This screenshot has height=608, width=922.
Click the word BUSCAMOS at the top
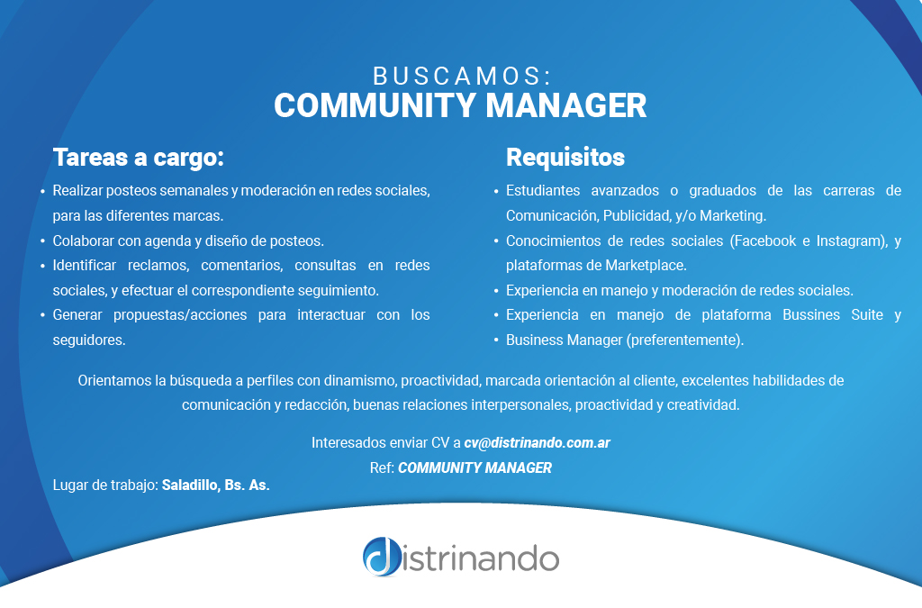458,77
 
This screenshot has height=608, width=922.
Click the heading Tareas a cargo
138,157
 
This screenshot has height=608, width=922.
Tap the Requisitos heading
565,157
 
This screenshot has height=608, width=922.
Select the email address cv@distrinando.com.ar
537,443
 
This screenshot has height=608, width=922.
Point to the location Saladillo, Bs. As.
216,485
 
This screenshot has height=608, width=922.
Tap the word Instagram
852,241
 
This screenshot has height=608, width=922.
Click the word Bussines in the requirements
811,315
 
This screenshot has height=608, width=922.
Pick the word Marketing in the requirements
733,216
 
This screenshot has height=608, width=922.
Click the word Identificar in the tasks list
85,266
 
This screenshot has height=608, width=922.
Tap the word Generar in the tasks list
77,315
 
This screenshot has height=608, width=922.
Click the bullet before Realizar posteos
42,192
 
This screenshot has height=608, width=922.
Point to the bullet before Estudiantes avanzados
496,192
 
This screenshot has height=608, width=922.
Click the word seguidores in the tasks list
89,340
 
